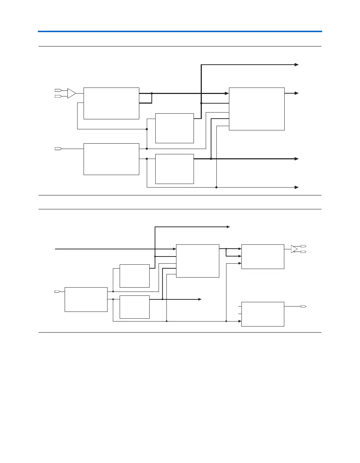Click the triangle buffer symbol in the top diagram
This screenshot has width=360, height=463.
tap(71, 93)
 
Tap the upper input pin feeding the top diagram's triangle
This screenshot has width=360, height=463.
tap(58, 90)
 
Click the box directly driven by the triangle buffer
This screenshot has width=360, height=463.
tap(111, 103)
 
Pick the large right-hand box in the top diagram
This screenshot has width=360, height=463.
tap(256, 109)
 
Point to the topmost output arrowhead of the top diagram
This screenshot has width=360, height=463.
tap(296, 65)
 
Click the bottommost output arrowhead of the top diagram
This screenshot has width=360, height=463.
tap(296, 187)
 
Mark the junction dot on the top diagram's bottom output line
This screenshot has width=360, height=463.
tap(216, 187)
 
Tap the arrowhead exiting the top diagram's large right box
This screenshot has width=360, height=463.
tap(296, 93)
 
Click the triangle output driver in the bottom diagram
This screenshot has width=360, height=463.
tap(294, 249)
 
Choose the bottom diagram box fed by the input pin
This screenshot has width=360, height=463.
tap(86, 299)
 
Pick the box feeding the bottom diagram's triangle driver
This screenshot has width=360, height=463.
tap(262, 257)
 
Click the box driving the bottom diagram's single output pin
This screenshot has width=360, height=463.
tap(262, 314)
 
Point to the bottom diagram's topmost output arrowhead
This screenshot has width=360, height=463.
tap(228, 226)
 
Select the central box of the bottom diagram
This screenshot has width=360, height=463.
tap(197, 261)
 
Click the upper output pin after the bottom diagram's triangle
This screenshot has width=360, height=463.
tap(303, 246)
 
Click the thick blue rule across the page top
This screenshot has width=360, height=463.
tap(180, 31)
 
